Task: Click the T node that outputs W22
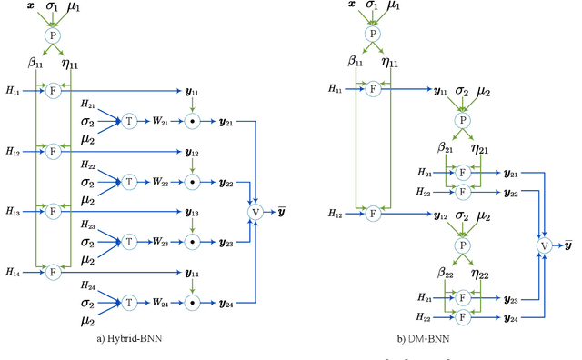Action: point(129,181)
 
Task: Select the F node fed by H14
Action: point(53,271)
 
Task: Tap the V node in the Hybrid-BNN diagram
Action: point(256,212)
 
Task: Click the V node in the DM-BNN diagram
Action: point(545,245)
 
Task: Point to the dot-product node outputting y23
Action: point(192,242)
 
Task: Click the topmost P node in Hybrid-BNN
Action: point(53,35)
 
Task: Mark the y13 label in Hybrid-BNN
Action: point(192,211)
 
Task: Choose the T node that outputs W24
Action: point(129,303)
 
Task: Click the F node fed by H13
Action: point(53,210)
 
